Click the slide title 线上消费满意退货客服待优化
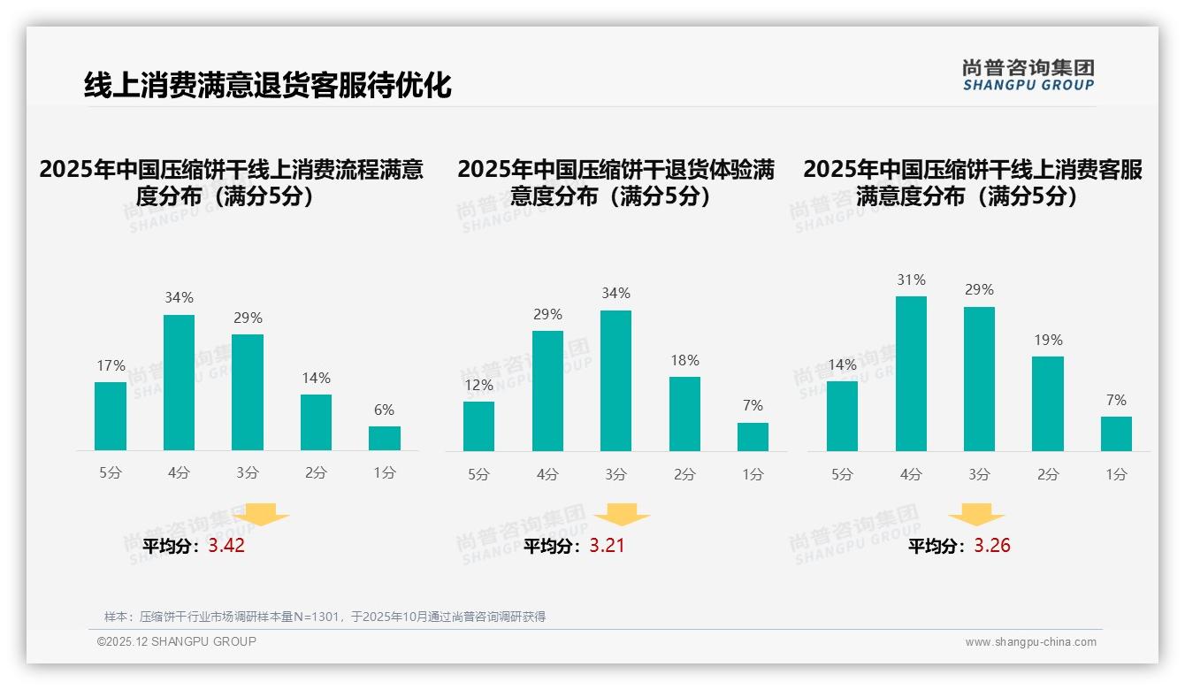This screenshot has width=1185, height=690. [x=267, y=86]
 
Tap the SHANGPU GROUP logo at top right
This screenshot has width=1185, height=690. [x=1028, y=75]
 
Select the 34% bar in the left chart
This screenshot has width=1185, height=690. [x=179, y=382]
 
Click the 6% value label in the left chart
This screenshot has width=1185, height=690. [x=384, y=410]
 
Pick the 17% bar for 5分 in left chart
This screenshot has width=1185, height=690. [x=111, y=416]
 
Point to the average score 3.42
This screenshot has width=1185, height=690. [x=226, y=546]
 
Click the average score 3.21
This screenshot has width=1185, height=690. [x=607, y=546]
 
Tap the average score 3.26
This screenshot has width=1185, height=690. [x=992, y=546]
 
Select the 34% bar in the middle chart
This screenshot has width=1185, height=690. [x=615, y=380]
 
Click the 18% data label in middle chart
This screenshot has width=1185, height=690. [x=684, y=360]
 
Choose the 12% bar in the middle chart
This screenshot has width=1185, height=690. [x=478, y=425]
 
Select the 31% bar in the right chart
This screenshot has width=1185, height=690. [x=911, y=373]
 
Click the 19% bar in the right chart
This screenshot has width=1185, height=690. [x=1047, y=403]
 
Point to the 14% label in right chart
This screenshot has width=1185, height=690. [x=842, y=364]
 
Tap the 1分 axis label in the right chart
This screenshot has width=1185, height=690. [x=1116, y=474]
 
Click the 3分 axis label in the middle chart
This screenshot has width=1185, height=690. [x=615, y=474]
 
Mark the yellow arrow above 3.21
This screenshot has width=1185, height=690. [x=622, y=516]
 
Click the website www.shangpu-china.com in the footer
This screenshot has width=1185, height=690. [x=1030, y=642]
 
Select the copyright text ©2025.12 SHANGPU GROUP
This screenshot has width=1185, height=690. [x=177, y=641]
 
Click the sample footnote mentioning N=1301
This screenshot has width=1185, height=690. [x=325, y=617]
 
